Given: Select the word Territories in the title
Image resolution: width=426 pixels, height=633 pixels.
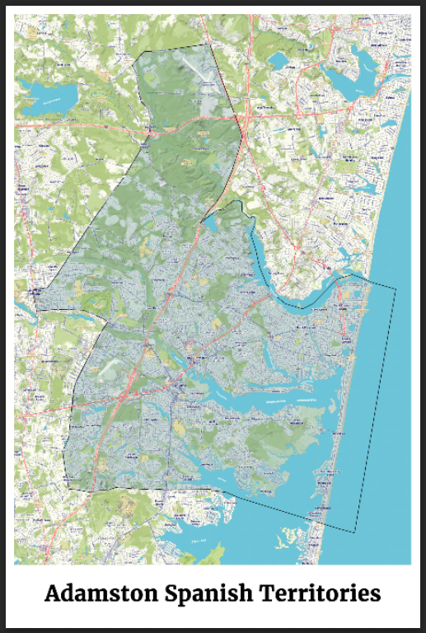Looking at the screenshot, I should point(320,593).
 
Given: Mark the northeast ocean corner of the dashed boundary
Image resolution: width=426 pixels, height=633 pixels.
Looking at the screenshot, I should point(396,289).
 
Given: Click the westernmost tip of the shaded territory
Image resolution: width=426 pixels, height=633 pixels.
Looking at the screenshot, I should point(38,310).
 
